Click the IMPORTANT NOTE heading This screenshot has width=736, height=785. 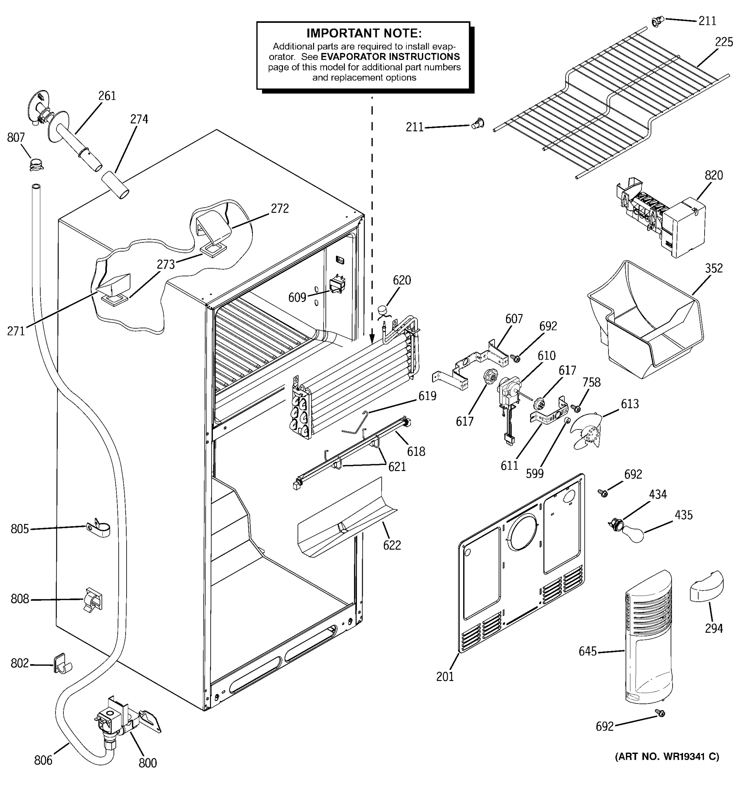(364, 33)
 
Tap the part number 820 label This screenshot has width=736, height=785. (713, 175)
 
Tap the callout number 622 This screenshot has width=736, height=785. (392, 545)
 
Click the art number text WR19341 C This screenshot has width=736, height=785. (667, 757)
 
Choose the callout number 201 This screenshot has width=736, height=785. (445, 677)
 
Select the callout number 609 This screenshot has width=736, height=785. (297, 297)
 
